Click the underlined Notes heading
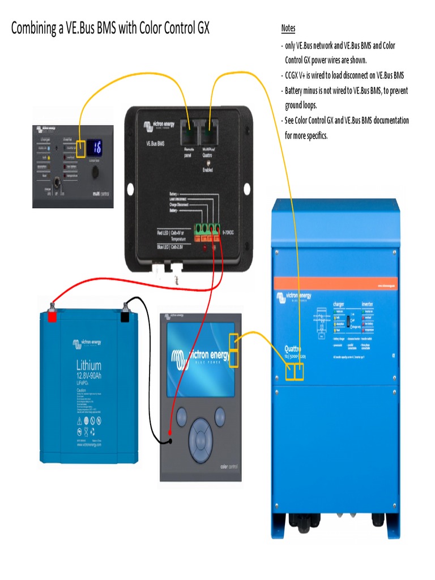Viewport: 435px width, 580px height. [288, 28]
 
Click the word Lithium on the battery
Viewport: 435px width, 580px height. [88, 365]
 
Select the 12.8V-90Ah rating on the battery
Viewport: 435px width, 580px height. [88, 376]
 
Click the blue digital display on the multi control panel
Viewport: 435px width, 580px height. [95, 147]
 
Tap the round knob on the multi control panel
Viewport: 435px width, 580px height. [95, 171]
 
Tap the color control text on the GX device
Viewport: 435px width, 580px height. [231, 467]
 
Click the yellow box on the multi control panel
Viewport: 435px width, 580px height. [80, 149]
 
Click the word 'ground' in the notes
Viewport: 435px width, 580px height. [295, 105]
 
